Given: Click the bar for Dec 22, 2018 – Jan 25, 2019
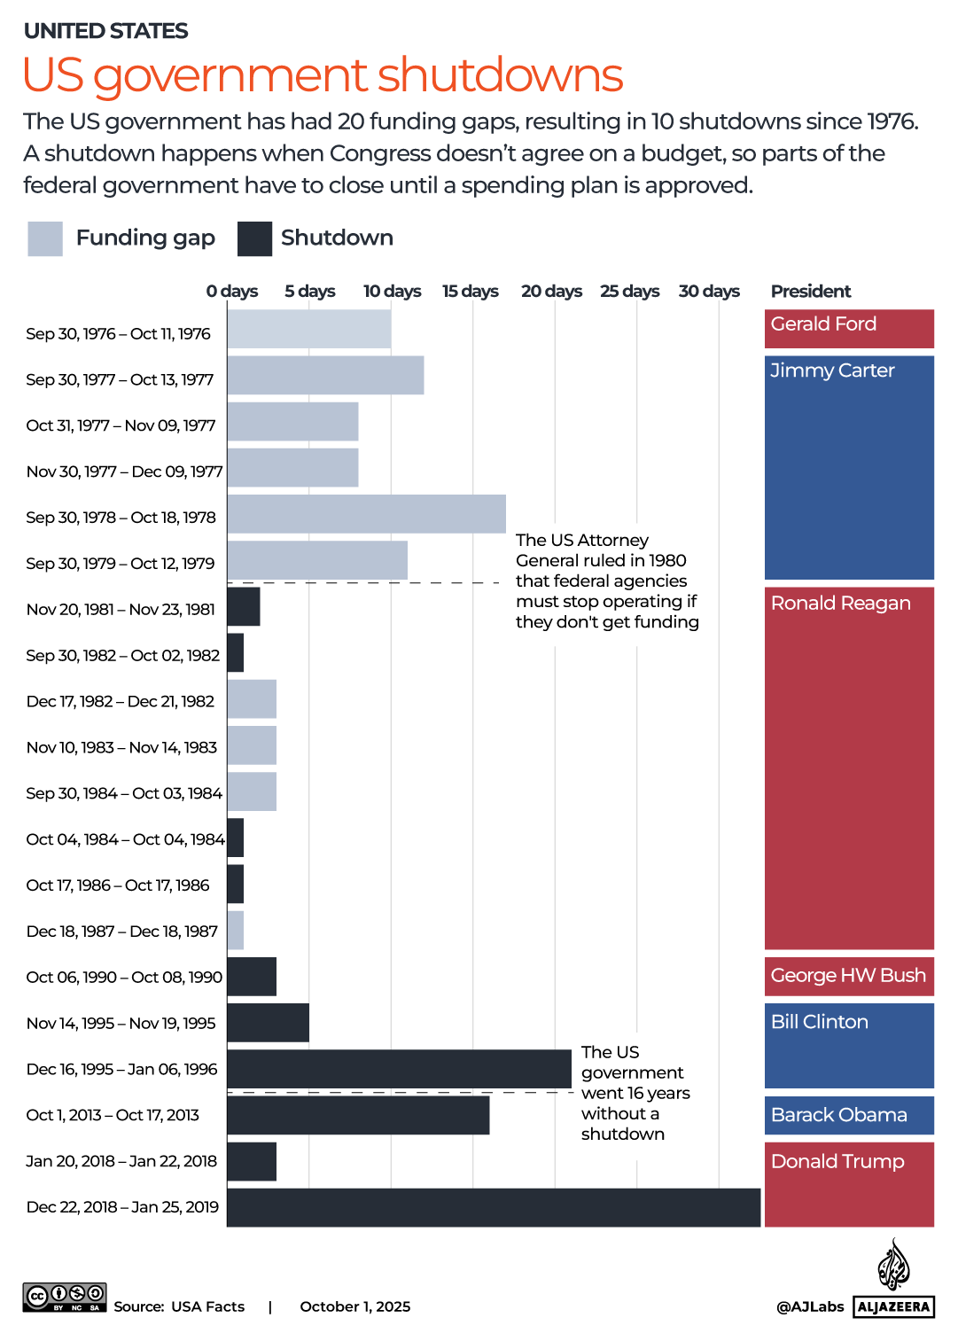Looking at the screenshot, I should [x=494, y=1207].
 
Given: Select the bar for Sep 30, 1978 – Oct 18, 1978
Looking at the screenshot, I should [x=366, y=514].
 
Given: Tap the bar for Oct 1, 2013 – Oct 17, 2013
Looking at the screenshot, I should [x=358, y=1115].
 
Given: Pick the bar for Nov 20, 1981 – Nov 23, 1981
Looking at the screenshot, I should [x=244, y=606].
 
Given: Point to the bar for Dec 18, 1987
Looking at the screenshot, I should [x=236, y=931].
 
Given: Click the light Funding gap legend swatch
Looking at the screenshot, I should [x=45, y=238].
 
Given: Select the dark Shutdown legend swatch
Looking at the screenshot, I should [x=255, y=238].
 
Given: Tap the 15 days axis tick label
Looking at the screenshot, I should [x=471, y=291].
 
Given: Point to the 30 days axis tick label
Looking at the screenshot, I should [x=709, y=291].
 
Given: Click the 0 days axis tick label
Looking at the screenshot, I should [x=232, y=291].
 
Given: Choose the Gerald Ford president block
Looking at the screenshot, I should [x=849, y=328].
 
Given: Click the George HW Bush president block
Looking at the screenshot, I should [x=849, y=976].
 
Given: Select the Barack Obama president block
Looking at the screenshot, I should [x=849, y=1115].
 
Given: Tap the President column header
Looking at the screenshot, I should [x=810, y=291].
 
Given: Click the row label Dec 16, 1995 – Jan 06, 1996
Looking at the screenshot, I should [x=122, y=1069].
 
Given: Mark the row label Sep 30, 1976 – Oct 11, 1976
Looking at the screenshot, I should [x=119, y=333].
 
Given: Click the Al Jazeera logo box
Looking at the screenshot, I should [x=893, y=1306].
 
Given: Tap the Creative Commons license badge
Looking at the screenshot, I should [x=65, y=1297].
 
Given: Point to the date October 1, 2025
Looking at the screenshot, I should [x=355, y=1306].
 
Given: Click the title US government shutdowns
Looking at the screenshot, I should [x=323, y=74].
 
